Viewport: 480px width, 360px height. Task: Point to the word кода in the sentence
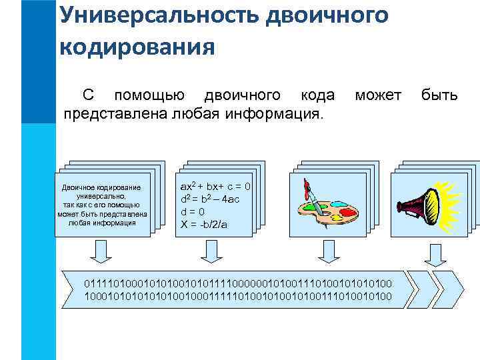[x=317, y=95]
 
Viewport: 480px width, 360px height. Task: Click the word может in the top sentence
[x=378, y=95]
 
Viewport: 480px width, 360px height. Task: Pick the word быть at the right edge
[x=439, y=95]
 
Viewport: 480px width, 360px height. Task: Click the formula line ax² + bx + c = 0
[x=215, y=186]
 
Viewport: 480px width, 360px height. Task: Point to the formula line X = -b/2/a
[x=204, y=224]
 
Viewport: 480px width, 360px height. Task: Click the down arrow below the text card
[x=100, y=251]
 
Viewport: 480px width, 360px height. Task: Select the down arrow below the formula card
[x=211, y=251]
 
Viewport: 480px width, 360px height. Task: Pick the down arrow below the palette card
[x=327, y=251]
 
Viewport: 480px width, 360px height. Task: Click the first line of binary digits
[x=238, y=283]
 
